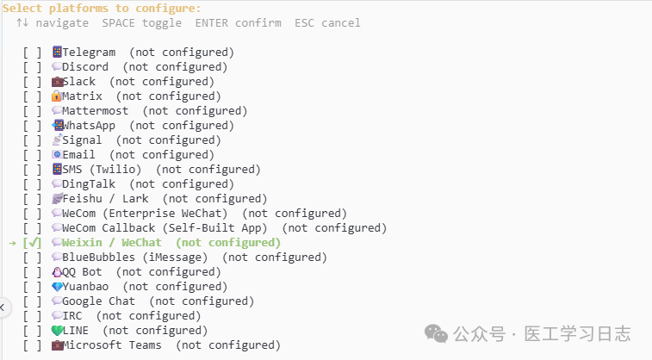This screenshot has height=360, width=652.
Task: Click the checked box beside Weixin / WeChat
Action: [x=32, y=243]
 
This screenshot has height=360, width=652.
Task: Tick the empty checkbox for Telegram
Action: [x=32, y=53]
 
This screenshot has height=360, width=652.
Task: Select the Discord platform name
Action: [x=85, y=67]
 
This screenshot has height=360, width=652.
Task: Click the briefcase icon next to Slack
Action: [x=57, y=82]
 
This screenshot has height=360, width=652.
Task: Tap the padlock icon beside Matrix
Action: [x=57, y=96]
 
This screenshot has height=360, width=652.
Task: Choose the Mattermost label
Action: [x=96, y=111]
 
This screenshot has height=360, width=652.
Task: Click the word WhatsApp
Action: [x=89, y=126]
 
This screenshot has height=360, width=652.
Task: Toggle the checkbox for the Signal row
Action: [x=32, y=140]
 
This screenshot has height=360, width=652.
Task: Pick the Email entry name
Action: [x=78, y=155]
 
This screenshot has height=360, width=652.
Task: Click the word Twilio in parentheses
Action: [x=115, y=170]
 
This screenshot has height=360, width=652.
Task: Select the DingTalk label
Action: [x=89, y=184]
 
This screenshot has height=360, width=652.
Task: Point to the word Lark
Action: [x=135, y=199]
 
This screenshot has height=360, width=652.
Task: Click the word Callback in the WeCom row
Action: [x=128, y=228]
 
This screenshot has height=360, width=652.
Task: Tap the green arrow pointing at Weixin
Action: [x=12, y=243]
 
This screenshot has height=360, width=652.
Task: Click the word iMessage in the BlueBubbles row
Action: [x=175, y=258]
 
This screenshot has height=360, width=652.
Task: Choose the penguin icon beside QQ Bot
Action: [x=57, y=272]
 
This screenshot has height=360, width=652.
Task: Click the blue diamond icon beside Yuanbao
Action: [x=57, y=287]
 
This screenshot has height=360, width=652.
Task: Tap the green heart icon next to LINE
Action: [x=57, y=331]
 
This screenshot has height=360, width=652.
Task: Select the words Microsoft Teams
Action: [x=112, y=345]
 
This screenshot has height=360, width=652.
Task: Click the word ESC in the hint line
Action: [x=304, y=23]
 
